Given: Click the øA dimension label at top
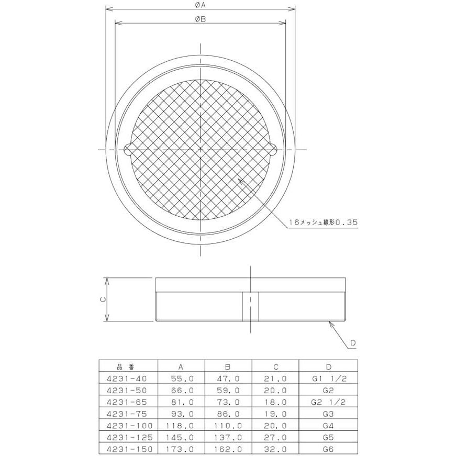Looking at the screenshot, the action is pyautogui.click(x=201, y=5).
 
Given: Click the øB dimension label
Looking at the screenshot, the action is pyautogui.click(x=201, y=19).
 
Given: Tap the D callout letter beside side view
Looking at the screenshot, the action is pyautogui.click(x=353, y=343).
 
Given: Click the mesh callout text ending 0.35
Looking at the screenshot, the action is pyautogui.click(x=323, y=223).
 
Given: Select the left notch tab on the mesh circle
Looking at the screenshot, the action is pyautogui.click(x=127, y=150).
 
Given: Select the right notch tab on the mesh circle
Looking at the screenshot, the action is pyautogui.click(x=273, y=150).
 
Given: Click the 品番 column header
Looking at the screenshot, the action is pyautogui.click(x=126, y=366).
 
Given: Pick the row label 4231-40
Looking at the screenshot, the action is pyautogui.click(x=127, y=379).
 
